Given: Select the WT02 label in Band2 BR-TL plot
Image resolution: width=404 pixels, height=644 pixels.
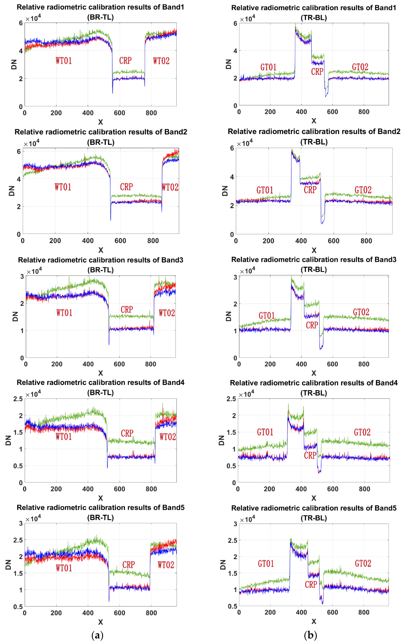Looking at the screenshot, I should pos(170,187).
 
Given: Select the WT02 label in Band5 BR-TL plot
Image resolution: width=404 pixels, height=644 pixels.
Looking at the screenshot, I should pos(166,565).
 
